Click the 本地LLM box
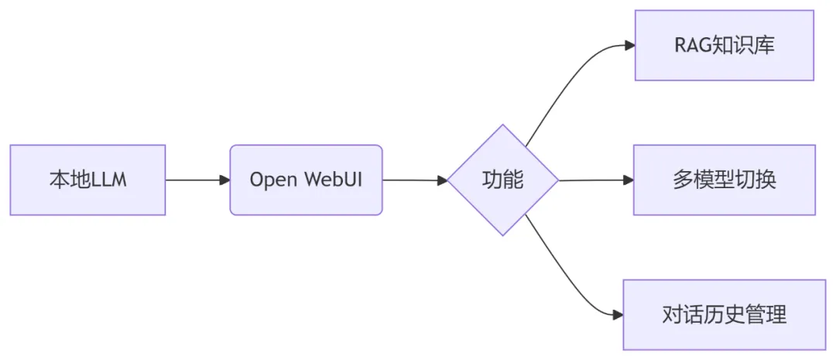click(x=87, y=180)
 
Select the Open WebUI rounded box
click(x=306, y=180)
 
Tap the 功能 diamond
click(x=503, y=180)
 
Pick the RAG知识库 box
click(x=724, y=45)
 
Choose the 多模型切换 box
click(x=724, y=180)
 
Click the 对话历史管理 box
click(x=724, y=314)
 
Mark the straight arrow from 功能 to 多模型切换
click(x=592, y=180)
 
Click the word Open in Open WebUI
click(x=270, y=180)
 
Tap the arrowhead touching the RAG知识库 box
click(x=629, y=45)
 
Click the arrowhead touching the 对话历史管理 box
click(x=618, y=314)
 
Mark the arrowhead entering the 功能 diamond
click(x=442, y=180)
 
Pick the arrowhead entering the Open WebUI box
click(x=224, y=180)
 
